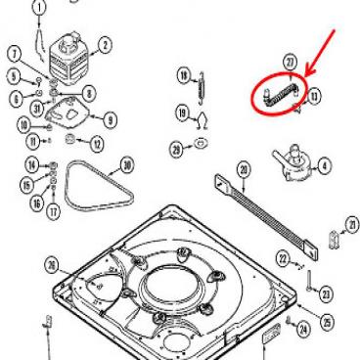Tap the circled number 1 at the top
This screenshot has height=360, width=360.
pos(39,8)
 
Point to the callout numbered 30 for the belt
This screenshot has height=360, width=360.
pos(127,163)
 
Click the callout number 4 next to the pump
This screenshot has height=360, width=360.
pos(324,165)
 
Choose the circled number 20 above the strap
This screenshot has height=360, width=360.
pos(244,170)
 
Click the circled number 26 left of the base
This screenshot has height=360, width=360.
pos(52,262)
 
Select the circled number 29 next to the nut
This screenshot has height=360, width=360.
pos(176,149)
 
